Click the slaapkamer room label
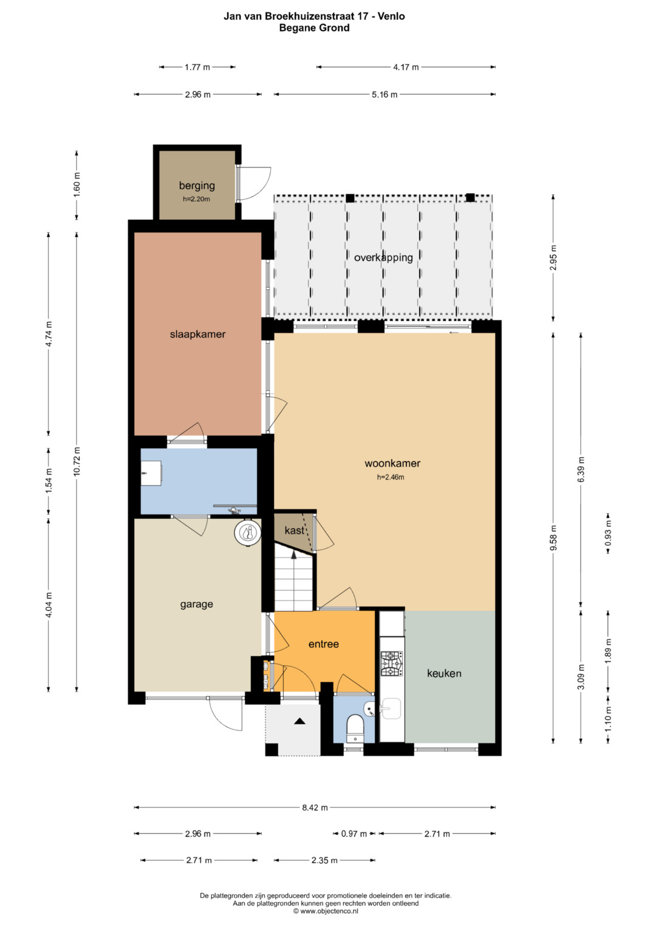197,334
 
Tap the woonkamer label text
392,463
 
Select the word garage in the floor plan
196,605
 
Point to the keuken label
444,673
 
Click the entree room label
323,644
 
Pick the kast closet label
294,530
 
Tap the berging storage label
197,186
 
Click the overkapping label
383,258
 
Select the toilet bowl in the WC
355,724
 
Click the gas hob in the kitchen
392,664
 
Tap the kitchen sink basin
391,709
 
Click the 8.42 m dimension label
315,807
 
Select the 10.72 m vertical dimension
77,461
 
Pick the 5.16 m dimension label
384,95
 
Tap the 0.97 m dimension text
354,834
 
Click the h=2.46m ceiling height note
391,477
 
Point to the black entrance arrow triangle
299,721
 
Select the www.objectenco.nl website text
329,911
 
